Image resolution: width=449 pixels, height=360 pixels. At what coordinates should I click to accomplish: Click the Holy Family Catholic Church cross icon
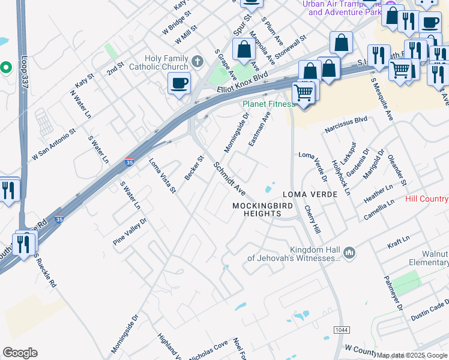click(x=197, y=61)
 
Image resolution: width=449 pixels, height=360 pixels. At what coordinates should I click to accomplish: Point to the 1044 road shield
click(x=340, y=331)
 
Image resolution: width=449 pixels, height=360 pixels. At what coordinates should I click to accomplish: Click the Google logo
click(x=20, y=353)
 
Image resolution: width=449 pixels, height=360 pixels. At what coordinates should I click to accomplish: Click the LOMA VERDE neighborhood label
click(x=307, y=195)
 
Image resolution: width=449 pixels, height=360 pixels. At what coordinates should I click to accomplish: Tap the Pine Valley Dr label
click(x=130, y=232)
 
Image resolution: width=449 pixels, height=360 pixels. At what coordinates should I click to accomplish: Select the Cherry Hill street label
click(x=312, y=220)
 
